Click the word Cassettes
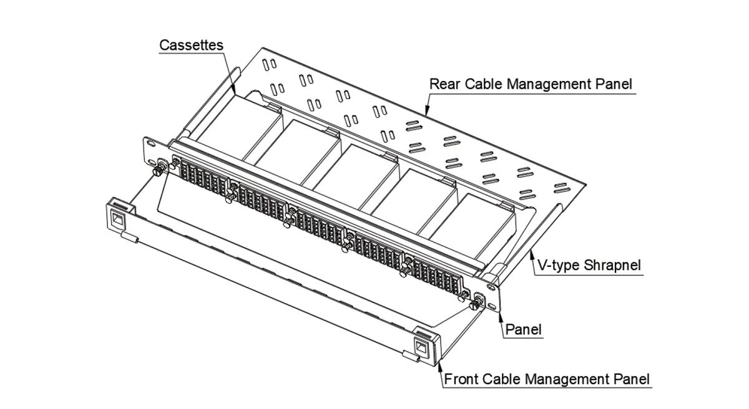[191, 46]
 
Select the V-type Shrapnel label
[589, 266]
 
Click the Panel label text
[523, 329]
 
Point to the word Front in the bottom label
[461, 379]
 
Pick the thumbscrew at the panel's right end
[476, 304]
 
